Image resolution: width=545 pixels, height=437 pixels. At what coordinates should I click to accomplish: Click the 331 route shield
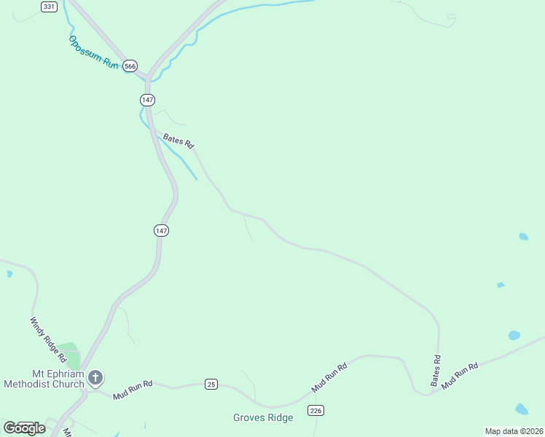pos(49,7)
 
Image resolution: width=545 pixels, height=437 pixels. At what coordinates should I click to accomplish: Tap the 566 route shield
pos(130,66)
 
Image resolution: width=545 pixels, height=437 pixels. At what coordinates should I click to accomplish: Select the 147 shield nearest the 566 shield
pos(148,98)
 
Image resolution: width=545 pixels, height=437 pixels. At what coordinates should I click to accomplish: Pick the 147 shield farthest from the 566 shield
pos(161,230)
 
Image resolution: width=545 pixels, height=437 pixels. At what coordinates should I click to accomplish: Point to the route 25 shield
pos(211,384)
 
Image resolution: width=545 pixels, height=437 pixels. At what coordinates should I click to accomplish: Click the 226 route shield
pos(315,411)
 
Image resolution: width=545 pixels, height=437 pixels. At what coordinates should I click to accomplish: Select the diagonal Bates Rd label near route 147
pos(179,140)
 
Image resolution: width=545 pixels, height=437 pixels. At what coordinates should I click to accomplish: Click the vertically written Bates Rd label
pos(436,370)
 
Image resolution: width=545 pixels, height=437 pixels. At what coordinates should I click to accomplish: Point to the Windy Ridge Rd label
pos(48,340)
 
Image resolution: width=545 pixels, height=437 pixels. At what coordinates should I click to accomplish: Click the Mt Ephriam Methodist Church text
pos(44,379)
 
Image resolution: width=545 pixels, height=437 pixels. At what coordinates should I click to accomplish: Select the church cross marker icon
pos(96,377)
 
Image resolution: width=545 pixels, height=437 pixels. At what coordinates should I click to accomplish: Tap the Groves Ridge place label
pos(263,417)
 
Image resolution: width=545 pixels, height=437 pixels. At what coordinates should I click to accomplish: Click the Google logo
pos(24,428)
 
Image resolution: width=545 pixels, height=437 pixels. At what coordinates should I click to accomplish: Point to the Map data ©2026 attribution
pos(514,431)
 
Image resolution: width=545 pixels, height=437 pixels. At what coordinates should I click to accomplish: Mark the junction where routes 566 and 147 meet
pos(148,77)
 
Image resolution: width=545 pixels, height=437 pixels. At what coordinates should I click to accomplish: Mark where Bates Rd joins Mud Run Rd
pos(434,393)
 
